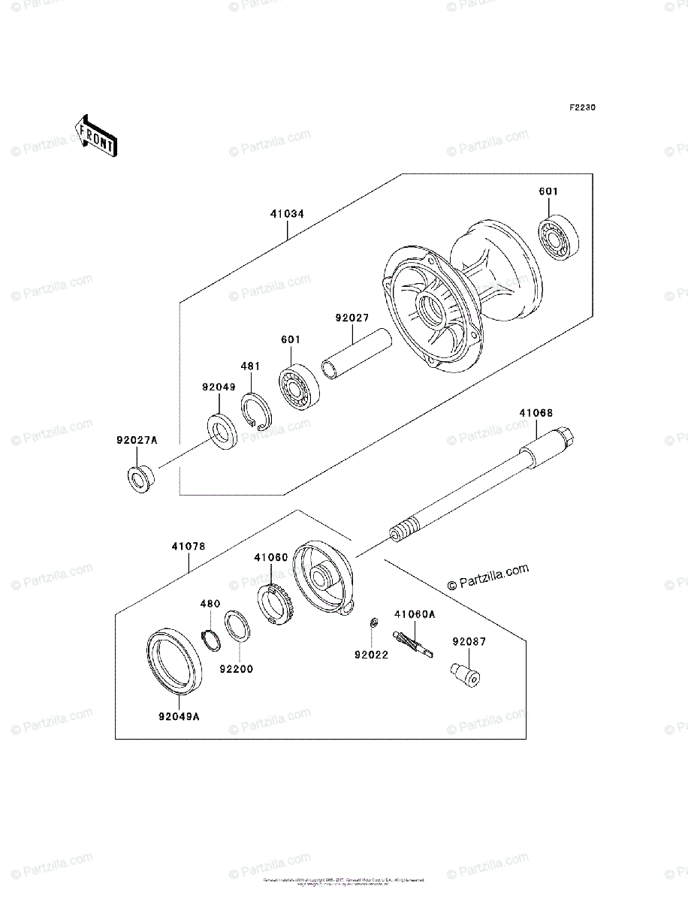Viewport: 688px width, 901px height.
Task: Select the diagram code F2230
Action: coord(581,108)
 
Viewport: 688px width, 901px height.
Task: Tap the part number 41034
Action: coord(288,214)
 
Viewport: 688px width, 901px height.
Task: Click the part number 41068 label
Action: coord(536,413)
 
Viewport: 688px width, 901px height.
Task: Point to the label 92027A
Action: coord(137,441)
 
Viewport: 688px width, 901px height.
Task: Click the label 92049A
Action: coord(179,716)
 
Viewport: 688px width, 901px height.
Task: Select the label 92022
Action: coord(371,655)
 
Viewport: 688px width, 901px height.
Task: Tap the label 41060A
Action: coord(415,614)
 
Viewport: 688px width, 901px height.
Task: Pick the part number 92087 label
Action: coord(469,642)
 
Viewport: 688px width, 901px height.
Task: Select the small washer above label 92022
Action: coord(372,622)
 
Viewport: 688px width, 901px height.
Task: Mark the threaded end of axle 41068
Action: coord(404,528)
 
